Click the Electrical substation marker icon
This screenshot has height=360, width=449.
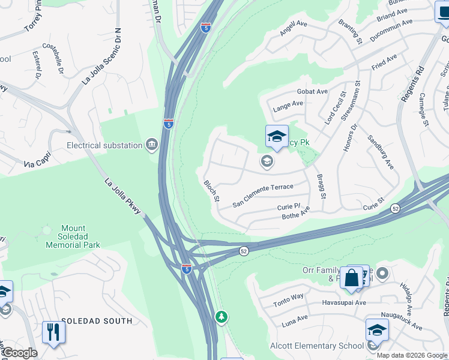(x=151, y=145)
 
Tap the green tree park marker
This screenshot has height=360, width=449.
(x=221, y=316)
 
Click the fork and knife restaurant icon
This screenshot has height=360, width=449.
(x=53, y=332)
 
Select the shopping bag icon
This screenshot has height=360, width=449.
(x=352, y=278)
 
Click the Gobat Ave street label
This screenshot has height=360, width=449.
(x=312, y=91)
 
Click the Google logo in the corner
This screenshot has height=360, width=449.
(x=19, y=353)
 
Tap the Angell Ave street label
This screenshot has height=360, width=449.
(x=294, y=26)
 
